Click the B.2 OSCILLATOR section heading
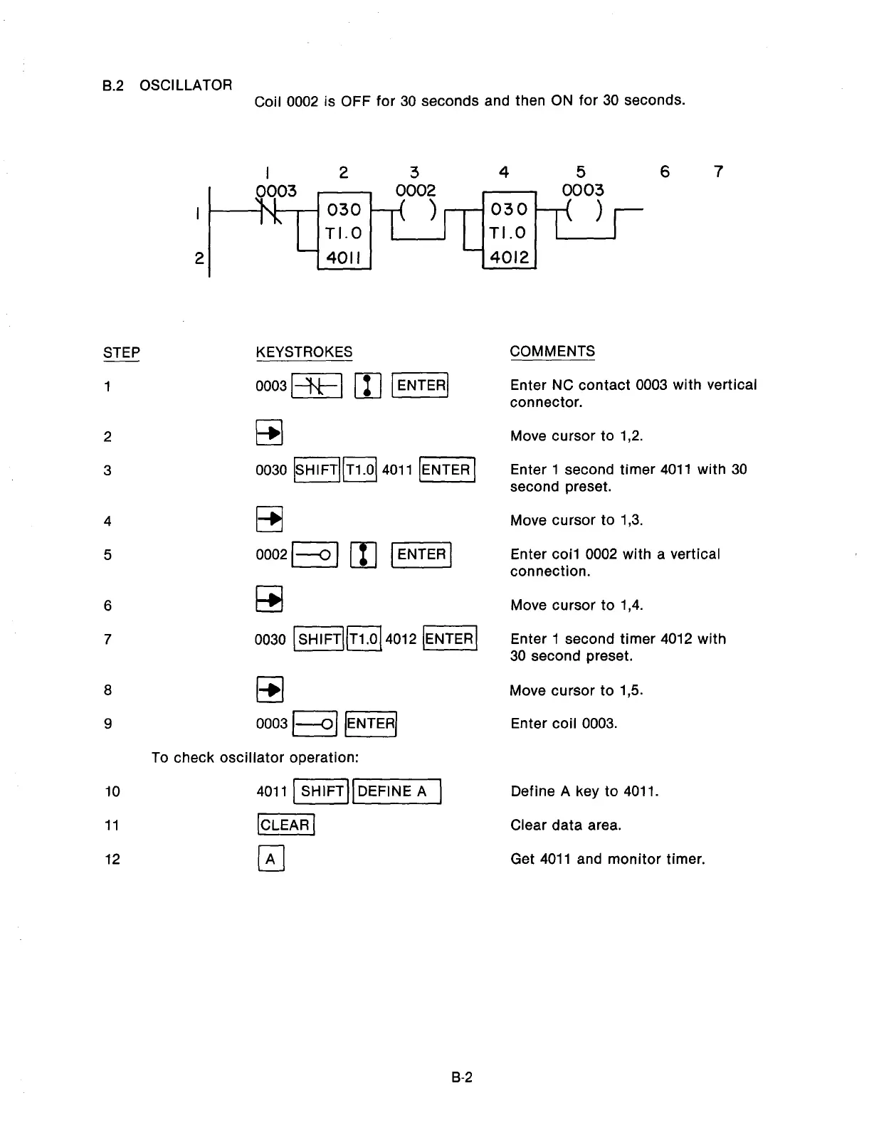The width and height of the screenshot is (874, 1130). pos(167,85)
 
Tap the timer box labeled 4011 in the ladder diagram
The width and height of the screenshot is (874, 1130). pos(344,231)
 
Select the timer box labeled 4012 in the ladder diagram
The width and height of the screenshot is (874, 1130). pos(509,231)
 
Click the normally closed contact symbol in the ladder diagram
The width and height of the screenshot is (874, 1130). pos(269,211)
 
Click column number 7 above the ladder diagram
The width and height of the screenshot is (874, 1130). pos(718,171)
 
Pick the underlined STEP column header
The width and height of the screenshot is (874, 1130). pos(122,352)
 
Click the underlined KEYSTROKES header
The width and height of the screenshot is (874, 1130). pos(304,352)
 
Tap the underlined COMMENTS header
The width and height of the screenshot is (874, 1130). pos(552,352)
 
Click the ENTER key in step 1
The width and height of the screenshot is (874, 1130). pos(421,386)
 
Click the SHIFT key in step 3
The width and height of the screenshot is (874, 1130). pos(317,470)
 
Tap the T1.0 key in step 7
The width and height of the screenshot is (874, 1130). pos(364,639)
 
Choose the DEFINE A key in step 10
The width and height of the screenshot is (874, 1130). pos(397,791)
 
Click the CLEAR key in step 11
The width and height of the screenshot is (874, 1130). pos(285,825)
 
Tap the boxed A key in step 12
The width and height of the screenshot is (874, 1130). pos(270,859)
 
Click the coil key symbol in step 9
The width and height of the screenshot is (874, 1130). pos(315,724)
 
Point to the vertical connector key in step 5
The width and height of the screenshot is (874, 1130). pos(364,555)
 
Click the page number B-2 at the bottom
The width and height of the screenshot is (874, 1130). pos(462,1077)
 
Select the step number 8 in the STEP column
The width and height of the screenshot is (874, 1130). pos(107,690)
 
